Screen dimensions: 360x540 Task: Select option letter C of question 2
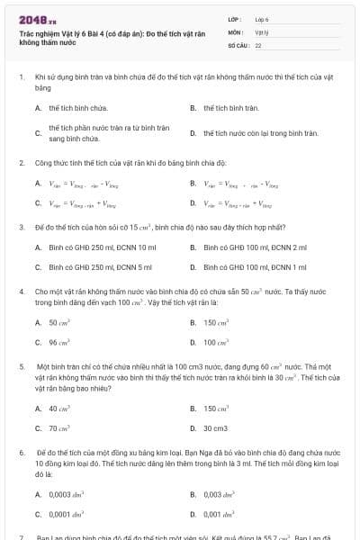click(39, 204)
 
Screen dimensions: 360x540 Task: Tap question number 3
click(21, 228)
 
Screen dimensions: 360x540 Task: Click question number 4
click(21, 292)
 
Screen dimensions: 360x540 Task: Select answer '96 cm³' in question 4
click(59, 343)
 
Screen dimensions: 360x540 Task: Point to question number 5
click(21, 368)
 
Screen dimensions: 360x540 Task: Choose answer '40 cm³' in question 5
click(59, 409)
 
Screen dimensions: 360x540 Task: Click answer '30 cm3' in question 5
click(215, 428)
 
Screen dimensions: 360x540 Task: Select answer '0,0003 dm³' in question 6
click(67, 494)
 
